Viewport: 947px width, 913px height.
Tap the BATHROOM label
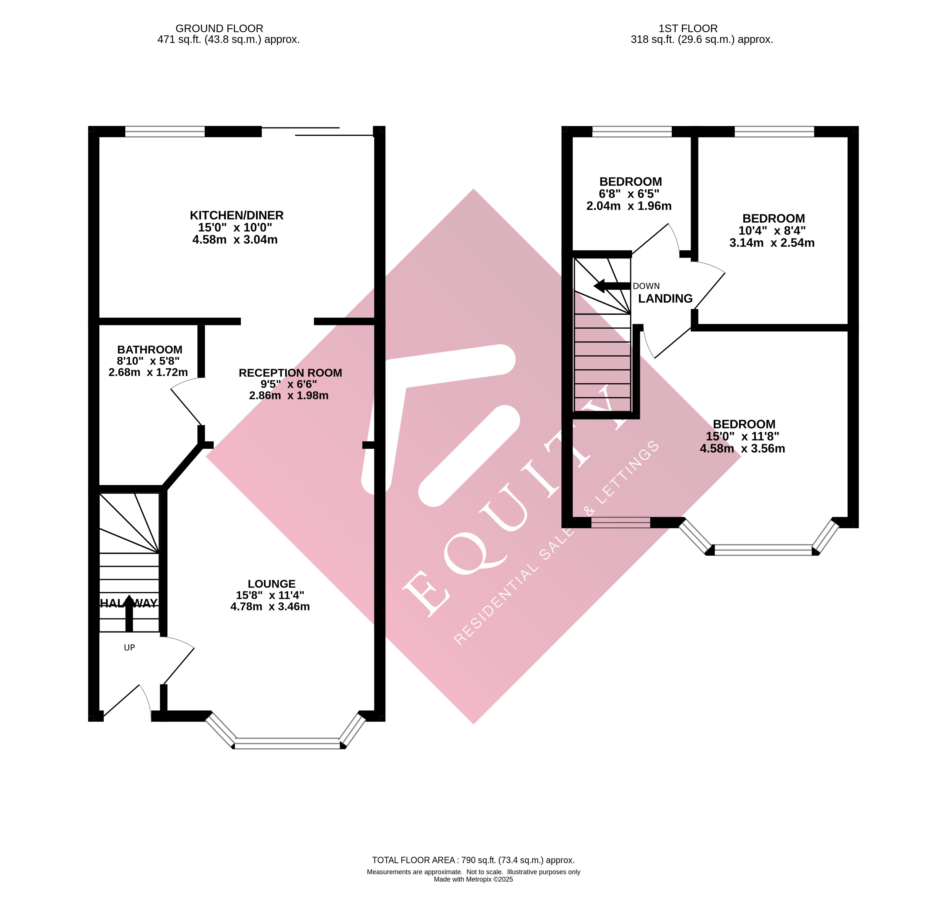pyautogui.click(x=150, y=350)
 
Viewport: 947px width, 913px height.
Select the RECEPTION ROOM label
pyautogui.click(x=290, y=373)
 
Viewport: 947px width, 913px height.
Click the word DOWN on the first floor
pyautogui.click(x=646, y=286)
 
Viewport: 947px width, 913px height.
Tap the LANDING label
pyautogui.click(x=665, y=299)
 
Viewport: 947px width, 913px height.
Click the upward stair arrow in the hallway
pyautogui.click(x=129, y=613)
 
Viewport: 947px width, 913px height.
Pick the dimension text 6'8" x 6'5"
pyautogui.click(x=629, y=194)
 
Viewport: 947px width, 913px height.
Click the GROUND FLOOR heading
pyautogui.click(x=219, y=29)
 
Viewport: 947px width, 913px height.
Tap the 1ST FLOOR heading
pyautogui.click(x=688, y=29)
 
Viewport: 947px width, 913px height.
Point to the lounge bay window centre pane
pyautogui.click(x=288, y=743)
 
